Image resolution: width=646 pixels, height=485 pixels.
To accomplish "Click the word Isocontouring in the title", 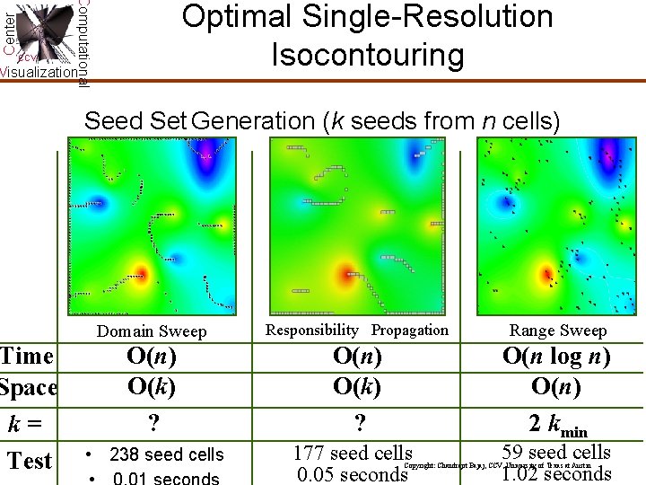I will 368,56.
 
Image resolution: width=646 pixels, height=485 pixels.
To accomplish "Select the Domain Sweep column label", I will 152,331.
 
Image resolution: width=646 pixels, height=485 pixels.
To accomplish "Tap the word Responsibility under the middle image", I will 311,330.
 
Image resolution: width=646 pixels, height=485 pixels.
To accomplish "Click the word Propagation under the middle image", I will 409,330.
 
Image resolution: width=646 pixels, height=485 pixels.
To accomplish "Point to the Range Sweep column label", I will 557,331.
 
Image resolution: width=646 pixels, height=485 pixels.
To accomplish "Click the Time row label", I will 27,357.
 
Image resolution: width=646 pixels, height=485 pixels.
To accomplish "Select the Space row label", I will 28,388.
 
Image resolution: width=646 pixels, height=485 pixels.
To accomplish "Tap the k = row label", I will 30,422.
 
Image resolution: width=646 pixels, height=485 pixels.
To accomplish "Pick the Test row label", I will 31,461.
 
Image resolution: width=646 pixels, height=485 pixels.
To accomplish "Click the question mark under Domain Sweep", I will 151,422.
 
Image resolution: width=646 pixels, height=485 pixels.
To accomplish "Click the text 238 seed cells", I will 166,454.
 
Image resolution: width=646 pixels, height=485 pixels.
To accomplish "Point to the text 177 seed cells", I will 353,454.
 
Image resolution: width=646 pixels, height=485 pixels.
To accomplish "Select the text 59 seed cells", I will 556,453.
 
